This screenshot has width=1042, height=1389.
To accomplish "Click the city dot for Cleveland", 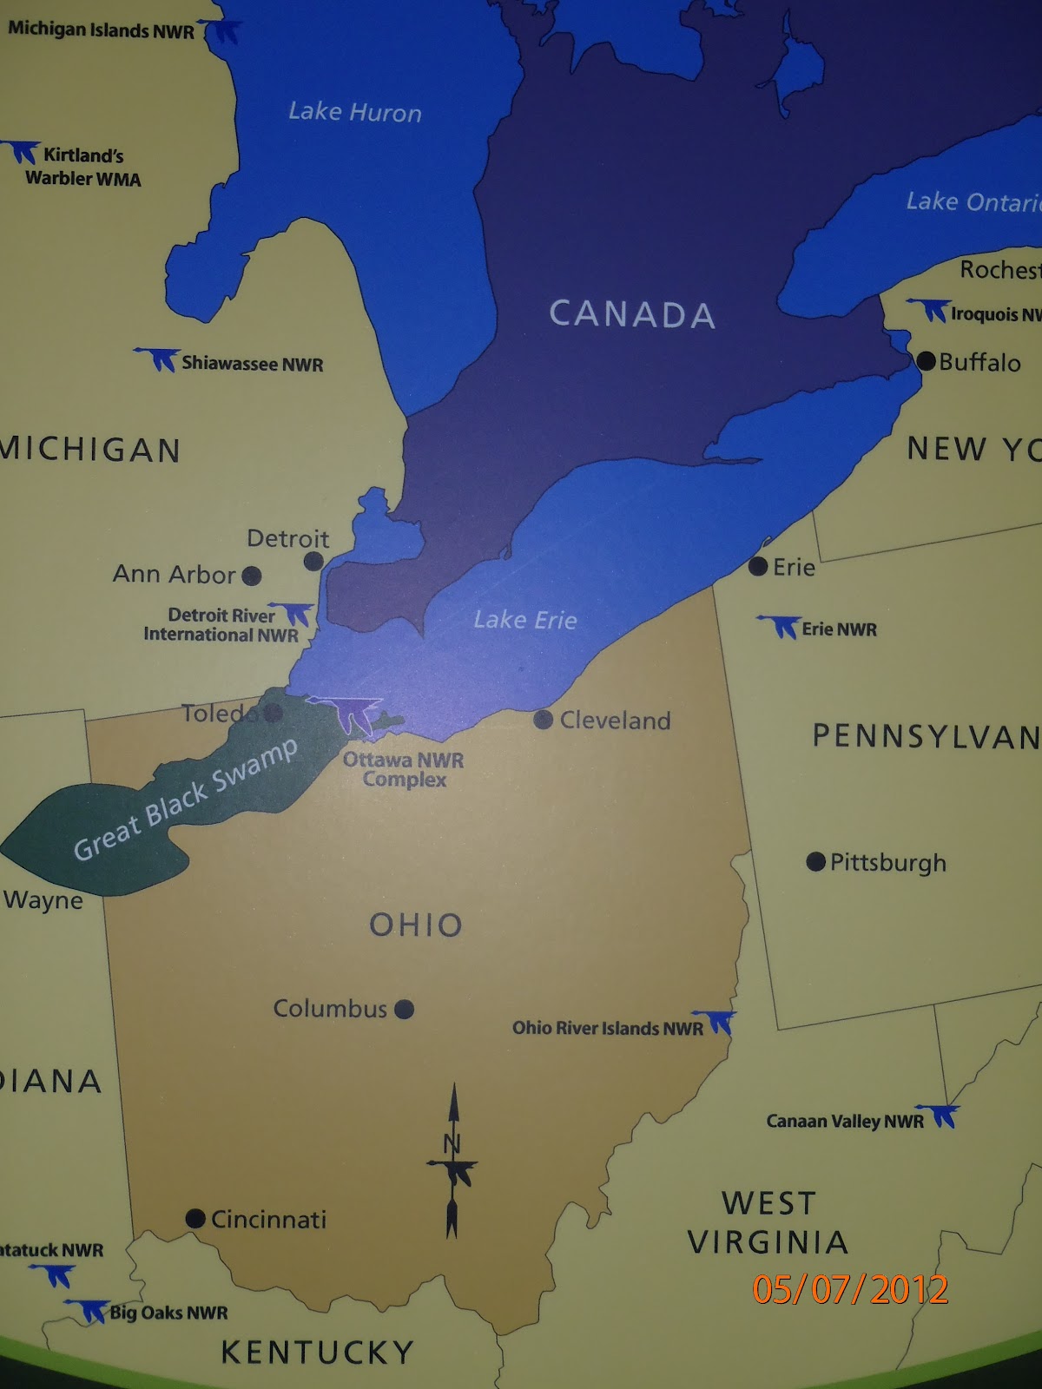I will (x=543, y=720).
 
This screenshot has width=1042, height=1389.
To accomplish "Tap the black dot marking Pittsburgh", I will (x=815, y=861).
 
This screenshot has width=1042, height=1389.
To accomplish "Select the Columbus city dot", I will (x=404, y=1009).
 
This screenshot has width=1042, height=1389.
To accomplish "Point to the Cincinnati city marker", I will (x=195, y=1219).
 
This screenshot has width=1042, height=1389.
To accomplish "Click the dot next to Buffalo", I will (x=926, y=360).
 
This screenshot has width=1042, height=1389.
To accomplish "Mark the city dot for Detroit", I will (x=313, y=562).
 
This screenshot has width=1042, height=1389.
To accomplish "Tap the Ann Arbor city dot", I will (x=252, y=575).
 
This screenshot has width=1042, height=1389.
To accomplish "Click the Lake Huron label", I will (x=354, y=112).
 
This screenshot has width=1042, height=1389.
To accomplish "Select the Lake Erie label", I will (x=524, y=620).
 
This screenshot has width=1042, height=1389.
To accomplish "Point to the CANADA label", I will (x=632, y=314).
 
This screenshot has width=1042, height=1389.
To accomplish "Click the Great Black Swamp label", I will (x=185, y=800).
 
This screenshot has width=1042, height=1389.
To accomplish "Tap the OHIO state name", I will (x=416, y=925).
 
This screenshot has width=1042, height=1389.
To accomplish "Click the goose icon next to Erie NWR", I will (x=779, y=625).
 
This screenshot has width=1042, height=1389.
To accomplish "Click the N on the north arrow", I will (x=452, y=1143).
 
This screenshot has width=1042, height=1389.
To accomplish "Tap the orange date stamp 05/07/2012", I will (x=850, y=1289).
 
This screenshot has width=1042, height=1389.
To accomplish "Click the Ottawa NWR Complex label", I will (x=404, y=769).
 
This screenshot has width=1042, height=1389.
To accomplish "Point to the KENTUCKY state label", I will (x=317, y=1353).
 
